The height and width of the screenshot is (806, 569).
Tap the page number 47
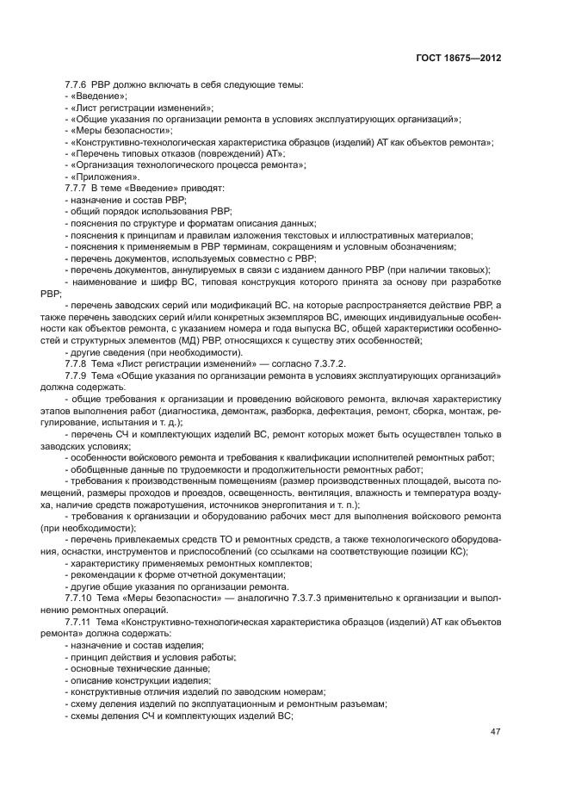(495, 732)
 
